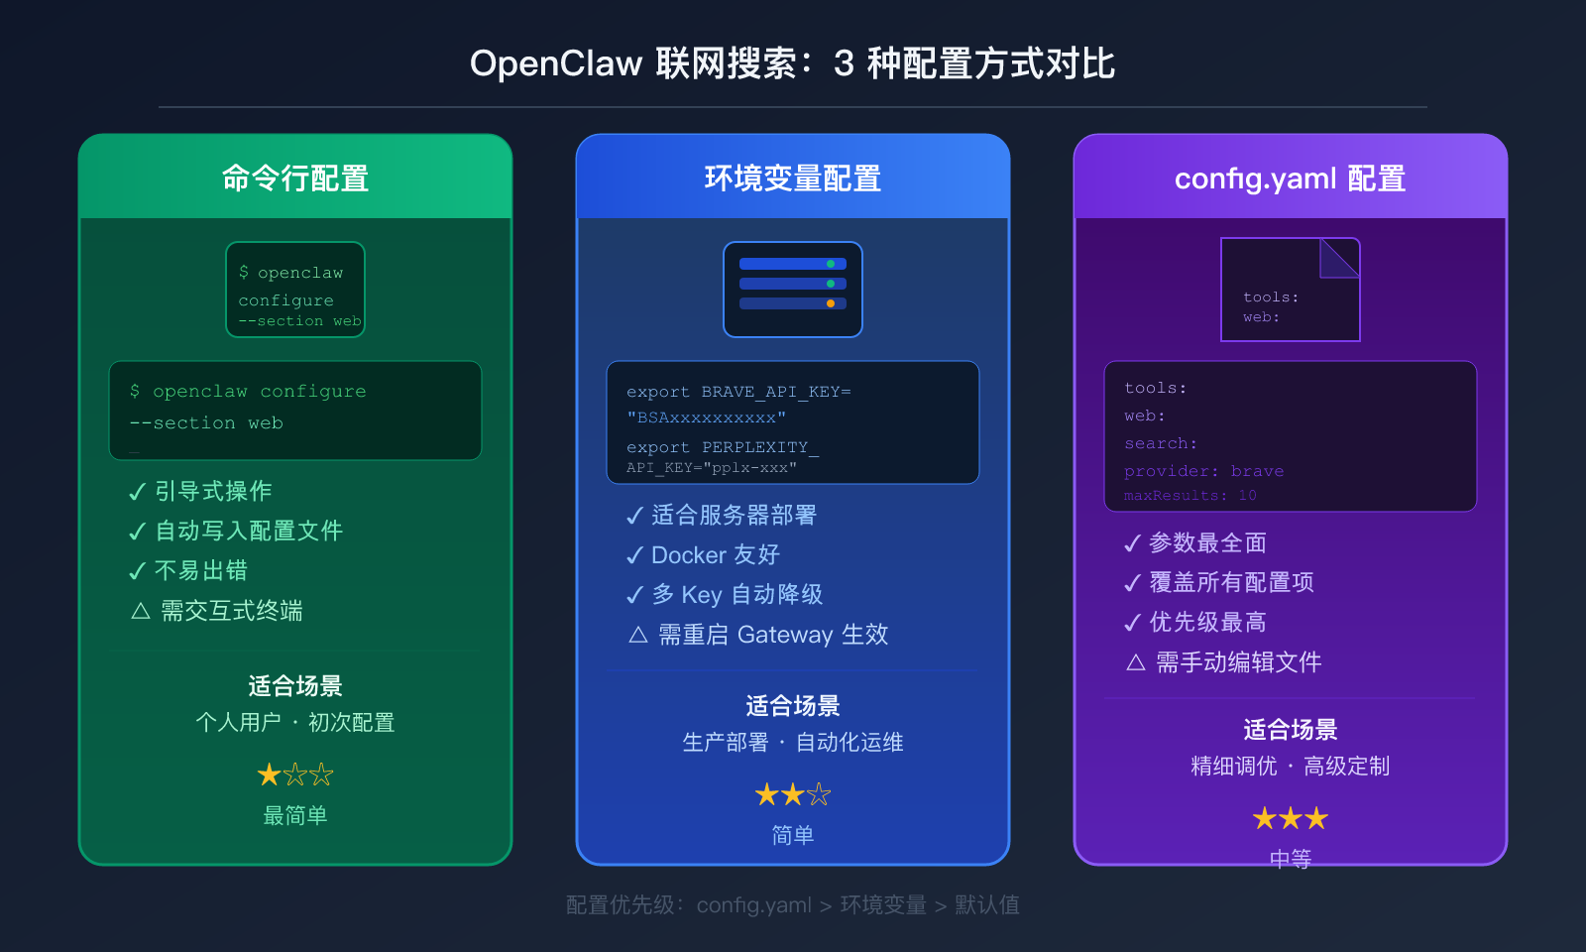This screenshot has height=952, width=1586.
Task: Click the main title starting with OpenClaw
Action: point(792,63)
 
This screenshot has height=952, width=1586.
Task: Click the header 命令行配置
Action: point(295,178)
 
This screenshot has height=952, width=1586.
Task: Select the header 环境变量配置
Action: point(793,178)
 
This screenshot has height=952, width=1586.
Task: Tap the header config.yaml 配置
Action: point(1290,178)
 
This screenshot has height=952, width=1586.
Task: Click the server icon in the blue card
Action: point(793,290)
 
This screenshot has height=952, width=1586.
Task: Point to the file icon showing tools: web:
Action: point(1290,290)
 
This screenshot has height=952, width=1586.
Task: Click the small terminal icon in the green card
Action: point(295,290)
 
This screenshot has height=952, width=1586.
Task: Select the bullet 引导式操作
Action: point(212,492)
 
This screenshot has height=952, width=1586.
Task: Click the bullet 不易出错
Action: point(200,571)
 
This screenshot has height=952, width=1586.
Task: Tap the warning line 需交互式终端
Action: point(231,611)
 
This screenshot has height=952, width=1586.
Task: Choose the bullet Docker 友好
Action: point(715,555)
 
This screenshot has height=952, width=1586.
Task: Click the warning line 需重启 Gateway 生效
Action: point(772,635)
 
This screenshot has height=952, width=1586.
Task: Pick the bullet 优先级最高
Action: point(1207,623)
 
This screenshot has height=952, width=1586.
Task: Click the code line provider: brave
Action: point(1203,471)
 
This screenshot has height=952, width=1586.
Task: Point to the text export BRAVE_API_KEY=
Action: point(738,392)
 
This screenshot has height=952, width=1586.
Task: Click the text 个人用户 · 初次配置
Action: point(295,723)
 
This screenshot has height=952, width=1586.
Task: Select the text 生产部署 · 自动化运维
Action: point(793,743)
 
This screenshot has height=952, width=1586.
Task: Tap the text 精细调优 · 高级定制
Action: point(1290,767)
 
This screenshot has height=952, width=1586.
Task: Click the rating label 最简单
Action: point(295,816)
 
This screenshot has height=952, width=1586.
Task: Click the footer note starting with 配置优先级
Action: point(792,905)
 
